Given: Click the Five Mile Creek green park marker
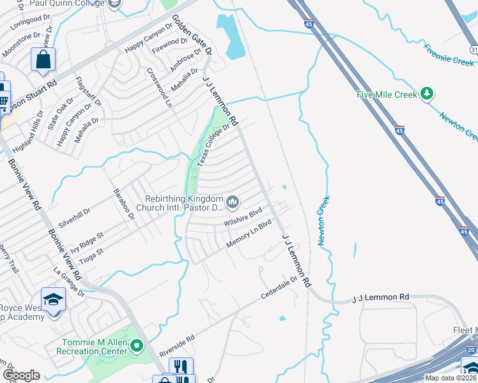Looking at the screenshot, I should click(427, 94).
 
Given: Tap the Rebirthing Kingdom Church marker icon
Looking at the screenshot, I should click(233, 203).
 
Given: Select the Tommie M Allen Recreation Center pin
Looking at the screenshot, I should click(135, 347).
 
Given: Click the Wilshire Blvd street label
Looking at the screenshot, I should click(243, 217).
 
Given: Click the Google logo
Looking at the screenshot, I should click(21, 375).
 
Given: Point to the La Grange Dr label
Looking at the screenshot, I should click(70, 283).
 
